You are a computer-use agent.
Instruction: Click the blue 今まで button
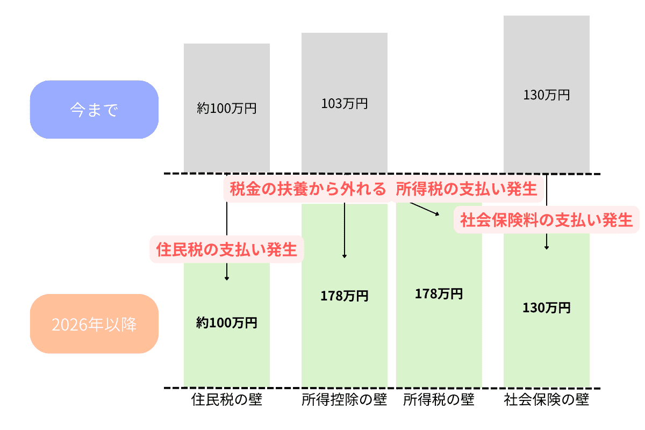pos(94,110)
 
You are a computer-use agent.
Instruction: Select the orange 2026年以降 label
pos(94,324)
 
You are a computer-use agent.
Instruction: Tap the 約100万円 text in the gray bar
pos(227,109)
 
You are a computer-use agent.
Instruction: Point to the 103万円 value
pos(345,104)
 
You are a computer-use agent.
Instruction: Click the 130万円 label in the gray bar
pos(547,95)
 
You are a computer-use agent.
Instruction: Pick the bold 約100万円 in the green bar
pos(227,323)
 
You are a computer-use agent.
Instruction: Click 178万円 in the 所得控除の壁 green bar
pos(345,296)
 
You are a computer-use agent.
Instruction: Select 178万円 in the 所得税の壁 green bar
pos(439,294)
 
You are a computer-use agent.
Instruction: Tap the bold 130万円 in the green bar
pos(547,308)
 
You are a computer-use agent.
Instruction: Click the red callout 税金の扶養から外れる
pos(308,189)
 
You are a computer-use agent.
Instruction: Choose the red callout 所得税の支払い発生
pos(467,189)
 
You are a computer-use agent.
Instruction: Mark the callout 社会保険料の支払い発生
pos(547,220)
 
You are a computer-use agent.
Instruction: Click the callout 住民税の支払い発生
pos(227,249)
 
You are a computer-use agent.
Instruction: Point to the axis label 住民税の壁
pos(227,400)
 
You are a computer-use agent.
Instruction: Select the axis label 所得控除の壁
pos(345,400)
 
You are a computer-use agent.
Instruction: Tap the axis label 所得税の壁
pos(439,400)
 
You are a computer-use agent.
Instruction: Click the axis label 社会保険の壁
pos(547,400)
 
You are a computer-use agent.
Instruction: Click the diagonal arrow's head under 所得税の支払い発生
pos(438,214)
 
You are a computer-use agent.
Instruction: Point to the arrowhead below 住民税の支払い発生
pos(227,278)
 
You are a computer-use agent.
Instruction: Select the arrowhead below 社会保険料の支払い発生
pos(547,248)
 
